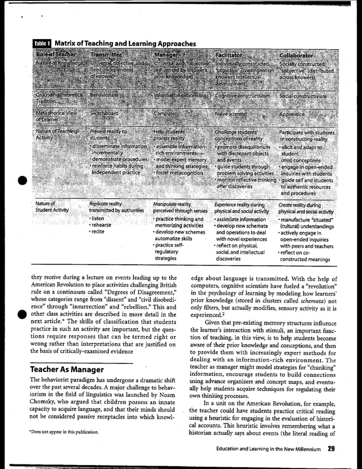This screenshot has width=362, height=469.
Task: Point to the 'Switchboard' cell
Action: point(104,113)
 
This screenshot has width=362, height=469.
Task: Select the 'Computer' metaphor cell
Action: point(166,113)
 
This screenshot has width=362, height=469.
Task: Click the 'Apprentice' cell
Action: point(293,114)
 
